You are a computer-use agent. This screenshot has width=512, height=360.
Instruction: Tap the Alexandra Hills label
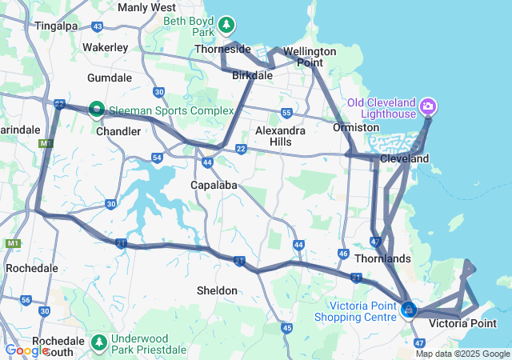click(279, 136)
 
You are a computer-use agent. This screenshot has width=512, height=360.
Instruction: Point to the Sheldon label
click(217, 290)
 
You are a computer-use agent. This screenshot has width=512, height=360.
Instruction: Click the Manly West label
click(146, 7)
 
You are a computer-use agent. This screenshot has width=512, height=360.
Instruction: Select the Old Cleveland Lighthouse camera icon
click(428, 106)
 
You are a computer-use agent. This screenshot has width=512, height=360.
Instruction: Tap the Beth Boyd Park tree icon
click(227, 26)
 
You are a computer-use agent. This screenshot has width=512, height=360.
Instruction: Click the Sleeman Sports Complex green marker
click(96, 108)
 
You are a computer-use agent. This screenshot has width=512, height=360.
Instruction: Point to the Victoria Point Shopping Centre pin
click(409, 309)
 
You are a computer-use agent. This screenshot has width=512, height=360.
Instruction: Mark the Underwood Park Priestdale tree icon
click(99, 342)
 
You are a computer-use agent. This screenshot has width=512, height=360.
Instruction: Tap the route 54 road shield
click(158, 158)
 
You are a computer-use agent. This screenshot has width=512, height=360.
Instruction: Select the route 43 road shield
click(97, 26)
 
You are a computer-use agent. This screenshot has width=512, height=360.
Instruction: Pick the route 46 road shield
click(343, 254)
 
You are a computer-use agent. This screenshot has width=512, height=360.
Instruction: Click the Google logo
click(26, 350)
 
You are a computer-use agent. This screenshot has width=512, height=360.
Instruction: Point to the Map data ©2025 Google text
click(462, 354)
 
